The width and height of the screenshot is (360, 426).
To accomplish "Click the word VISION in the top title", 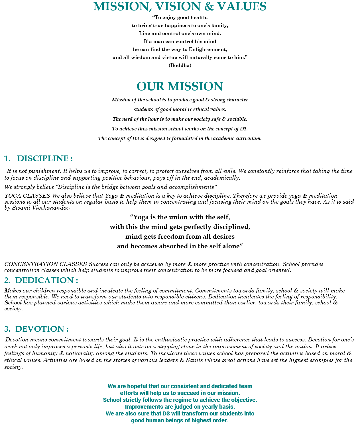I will coord(168,6).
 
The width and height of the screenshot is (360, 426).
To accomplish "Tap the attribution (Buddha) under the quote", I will coord(180,65).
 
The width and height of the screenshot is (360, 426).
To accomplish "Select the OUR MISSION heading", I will coord(180,86).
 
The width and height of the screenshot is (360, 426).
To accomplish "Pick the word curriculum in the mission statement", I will coord(248,139).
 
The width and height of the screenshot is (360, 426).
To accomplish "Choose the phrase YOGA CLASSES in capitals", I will coord(27,196).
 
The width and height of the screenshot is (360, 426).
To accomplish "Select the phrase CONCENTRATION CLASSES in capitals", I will coord(46,264).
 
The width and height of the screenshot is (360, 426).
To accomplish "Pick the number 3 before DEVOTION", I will coord(7,329).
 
